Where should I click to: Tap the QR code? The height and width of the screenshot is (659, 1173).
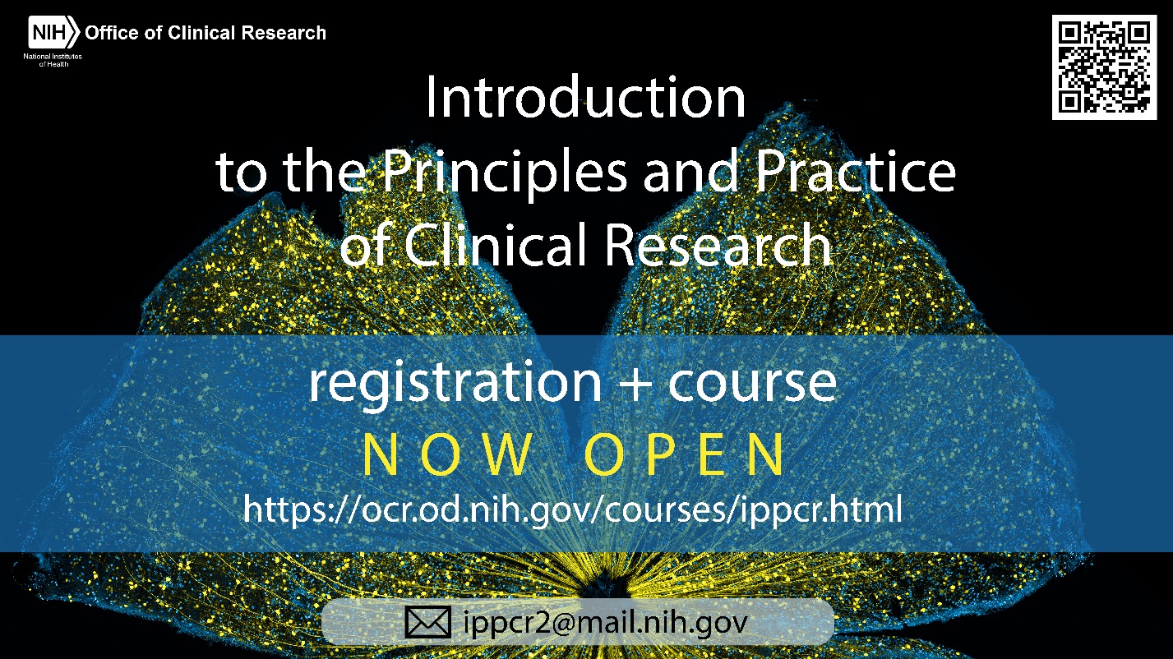click(x=1105, y=67)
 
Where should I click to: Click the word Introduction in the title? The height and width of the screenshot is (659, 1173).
click(x=585, y=97)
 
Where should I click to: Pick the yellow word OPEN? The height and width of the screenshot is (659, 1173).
click(x=685, y=454)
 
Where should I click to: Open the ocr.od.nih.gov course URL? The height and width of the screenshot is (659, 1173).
click(x=573, y=509)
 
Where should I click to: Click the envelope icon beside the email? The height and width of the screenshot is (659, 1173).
click(x=427, y=622)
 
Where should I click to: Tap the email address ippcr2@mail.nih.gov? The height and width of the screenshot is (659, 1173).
click(x=606, y=623)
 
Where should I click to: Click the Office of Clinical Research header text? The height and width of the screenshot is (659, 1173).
click(x=206, y=33)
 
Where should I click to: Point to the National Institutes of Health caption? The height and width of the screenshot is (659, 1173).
click(x=53, y=60)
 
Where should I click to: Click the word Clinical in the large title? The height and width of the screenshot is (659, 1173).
click(x=495, y=245)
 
